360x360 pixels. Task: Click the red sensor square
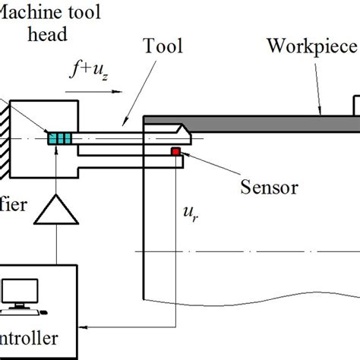(x=175, y=153)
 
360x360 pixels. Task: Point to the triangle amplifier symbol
(x=57, y=207)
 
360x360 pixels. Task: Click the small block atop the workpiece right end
(x=355, y=104)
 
